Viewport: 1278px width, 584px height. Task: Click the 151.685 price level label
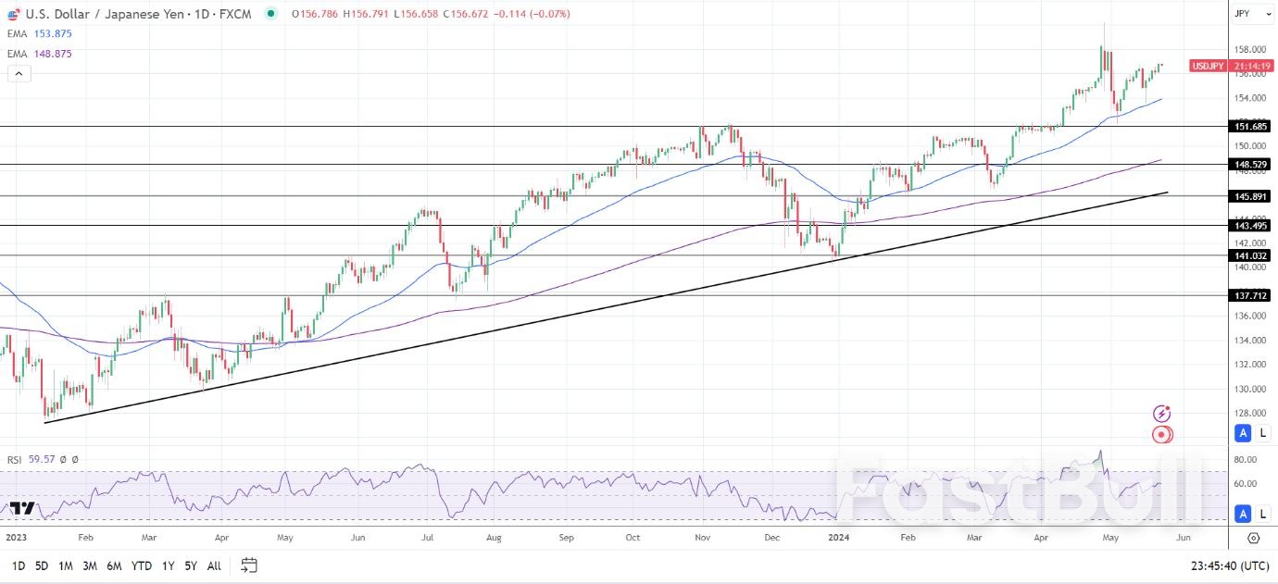click(1251, 126)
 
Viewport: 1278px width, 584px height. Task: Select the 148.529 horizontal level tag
click(1251, 165)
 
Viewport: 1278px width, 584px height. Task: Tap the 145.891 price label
click(1251, 196)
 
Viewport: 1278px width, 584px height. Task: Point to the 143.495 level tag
click(1251, 226)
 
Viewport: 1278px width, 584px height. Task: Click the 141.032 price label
click(1251, 255)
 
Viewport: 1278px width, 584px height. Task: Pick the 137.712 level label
click(1251, 296)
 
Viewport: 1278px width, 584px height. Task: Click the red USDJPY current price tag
click(1208, 67)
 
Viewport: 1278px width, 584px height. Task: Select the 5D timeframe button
click(42, 565)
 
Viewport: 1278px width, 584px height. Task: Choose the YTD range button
click(141, 565)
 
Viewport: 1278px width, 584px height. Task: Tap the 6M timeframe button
click(114, 565)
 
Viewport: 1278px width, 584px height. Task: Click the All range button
click(214, 565)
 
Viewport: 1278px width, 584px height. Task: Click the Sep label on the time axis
click(566, 537)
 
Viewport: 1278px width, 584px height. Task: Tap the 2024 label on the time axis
click(838, 537)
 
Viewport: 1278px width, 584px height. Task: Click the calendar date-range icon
click(248, 565)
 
